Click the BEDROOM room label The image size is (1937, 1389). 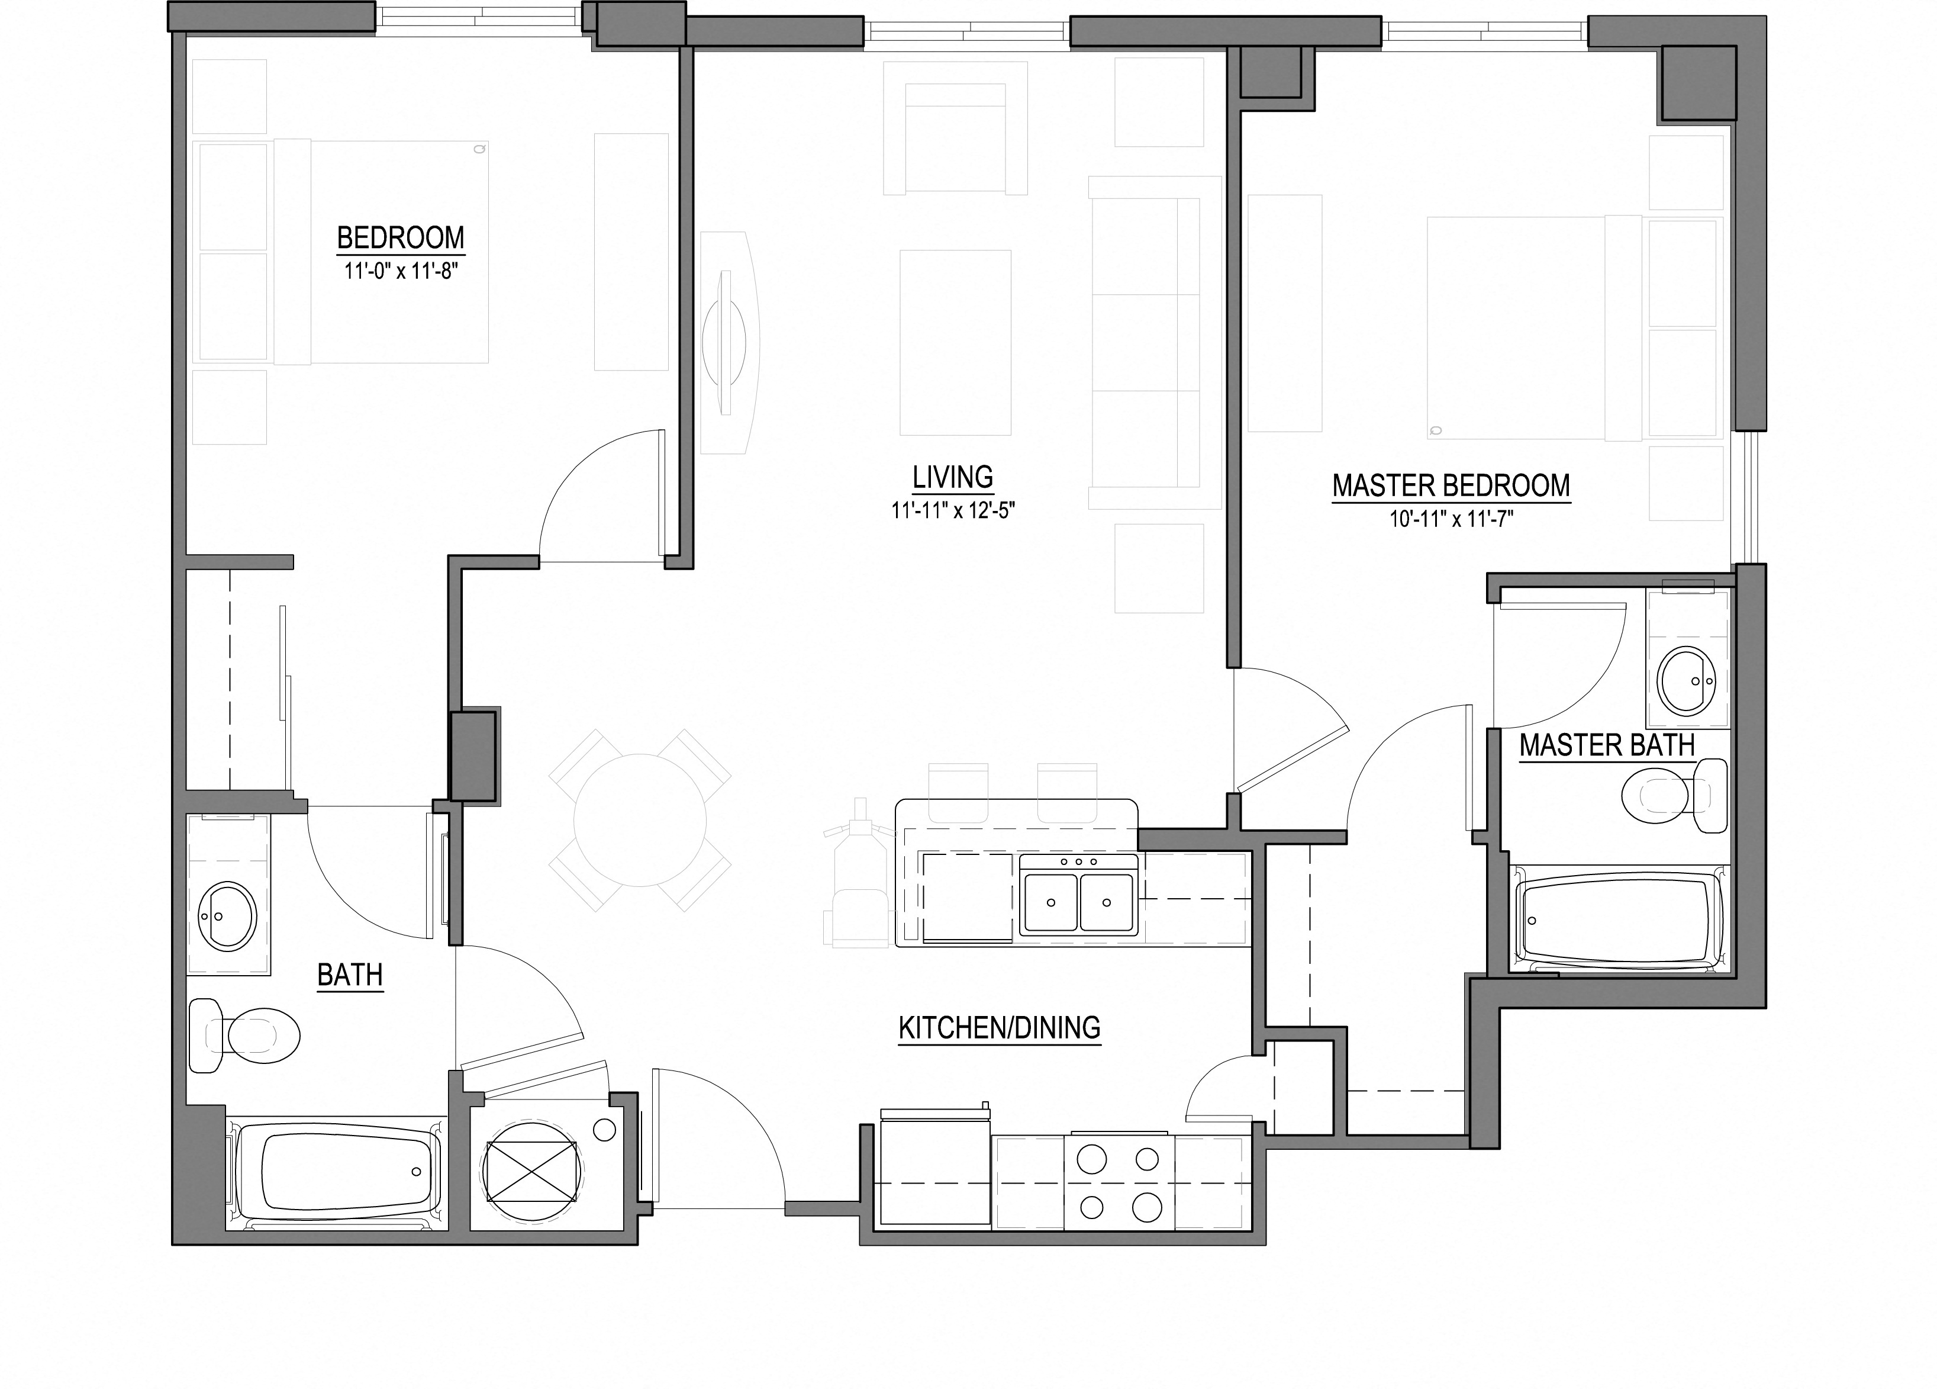click(x=401, y=237)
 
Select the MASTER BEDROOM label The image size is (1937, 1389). click(x=1451, y=486)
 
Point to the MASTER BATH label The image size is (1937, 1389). click(x=1607, y=746)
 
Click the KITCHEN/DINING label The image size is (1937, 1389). click(x=999, y=1028)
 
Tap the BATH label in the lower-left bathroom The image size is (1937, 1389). click(x=350, y=975)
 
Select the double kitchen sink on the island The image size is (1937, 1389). click(x=1079, y=901)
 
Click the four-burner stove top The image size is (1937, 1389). click(x=1118, y=1183)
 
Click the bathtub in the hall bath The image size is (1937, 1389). click(x=337, y=1176)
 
